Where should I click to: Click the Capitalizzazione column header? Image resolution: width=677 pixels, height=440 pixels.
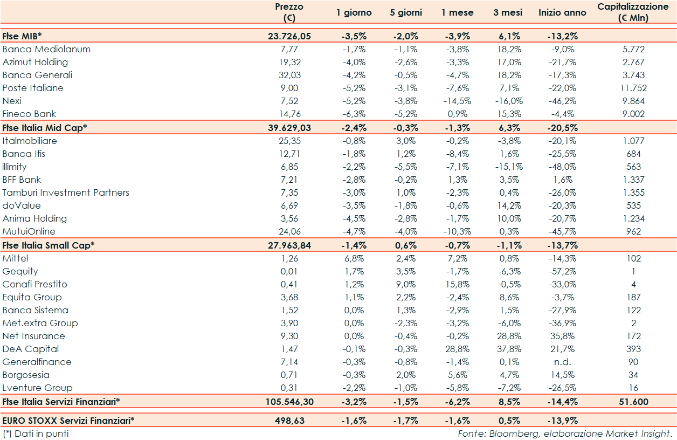(633, 12)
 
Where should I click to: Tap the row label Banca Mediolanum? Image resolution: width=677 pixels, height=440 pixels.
(46, 49)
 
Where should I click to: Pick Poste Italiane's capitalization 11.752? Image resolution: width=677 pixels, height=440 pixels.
(633, 88)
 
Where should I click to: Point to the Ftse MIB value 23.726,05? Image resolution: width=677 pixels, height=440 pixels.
(289, 37)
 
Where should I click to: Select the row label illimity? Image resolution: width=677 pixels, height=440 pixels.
(15, 167)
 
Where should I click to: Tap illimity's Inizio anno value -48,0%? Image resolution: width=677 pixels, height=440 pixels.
(562, 167)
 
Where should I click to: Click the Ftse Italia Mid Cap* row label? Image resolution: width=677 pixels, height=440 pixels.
(45, 127)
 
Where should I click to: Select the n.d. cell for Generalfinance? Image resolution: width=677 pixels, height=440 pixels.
(562, 362)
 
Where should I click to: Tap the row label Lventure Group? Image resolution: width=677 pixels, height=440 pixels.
(38, 388)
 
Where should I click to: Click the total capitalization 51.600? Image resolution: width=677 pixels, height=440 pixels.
(633, 401)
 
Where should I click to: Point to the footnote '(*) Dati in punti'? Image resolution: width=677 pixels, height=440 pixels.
(36, 434)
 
